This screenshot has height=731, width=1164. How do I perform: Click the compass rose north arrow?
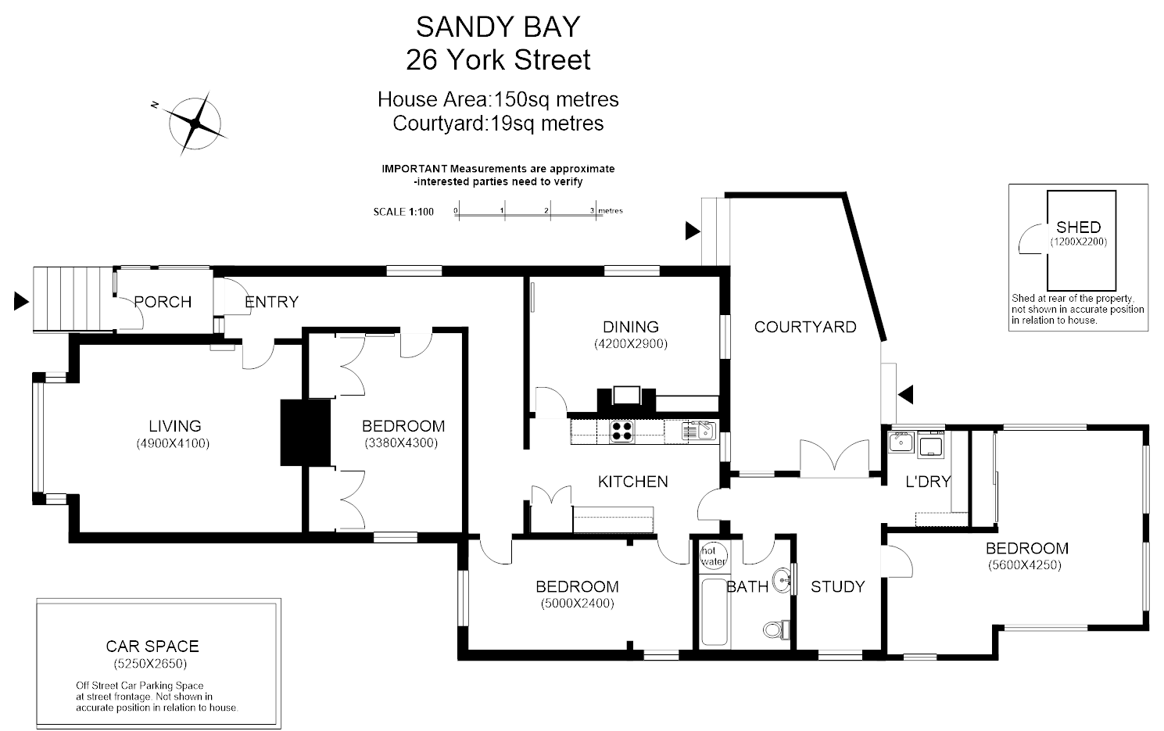(195, 123)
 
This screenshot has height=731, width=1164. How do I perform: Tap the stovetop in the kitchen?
(621, 432)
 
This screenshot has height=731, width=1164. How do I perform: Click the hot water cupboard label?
(712, 556)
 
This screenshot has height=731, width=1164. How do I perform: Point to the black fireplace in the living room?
(306, 432)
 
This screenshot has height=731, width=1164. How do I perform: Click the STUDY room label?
(837, 586)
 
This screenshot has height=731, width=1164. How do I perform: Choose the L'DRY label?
(927, 482)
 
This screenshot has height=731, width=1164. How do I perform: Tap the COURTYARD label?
(804, 327)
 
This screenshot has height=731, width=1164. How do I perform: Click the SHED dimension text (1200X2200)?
(1078, 242)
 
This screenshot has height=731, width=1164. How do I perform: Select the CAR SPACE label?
(152, 646)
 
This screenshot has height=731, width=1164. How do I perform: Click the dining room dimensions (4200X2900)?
(630, 343)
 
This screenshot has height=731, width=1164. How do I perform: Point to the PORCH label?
(163, 302)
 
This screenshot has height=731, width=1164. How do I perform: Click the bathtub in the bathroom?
(715, 613)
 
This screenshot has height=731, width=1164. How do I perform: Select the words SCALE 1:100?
(403, 212)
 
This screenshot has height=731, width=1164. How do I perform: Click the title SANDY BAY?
(498, 27)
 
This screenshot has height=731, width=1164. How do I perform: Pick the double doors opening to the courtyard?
(834, 458)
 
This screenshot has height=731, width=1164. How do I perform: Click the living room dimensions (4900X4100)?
(174, 443)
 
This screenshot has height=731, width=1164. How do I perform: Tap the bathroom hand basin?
(781, 580)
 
